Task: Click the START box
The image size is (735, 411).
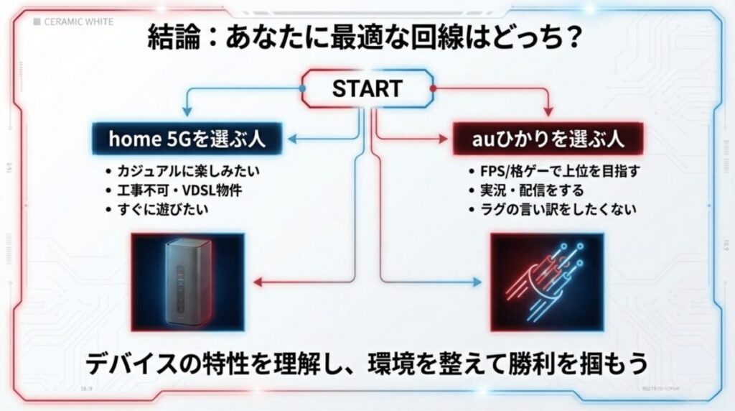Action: tap(367, 88)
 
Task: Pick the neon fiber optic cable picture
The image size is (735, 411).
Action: tap(548, 282)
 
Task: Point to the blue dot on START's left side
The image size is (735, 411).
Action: tap(302, 88)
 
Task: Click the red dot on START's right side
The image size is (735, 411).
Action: tap(432, 88)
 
